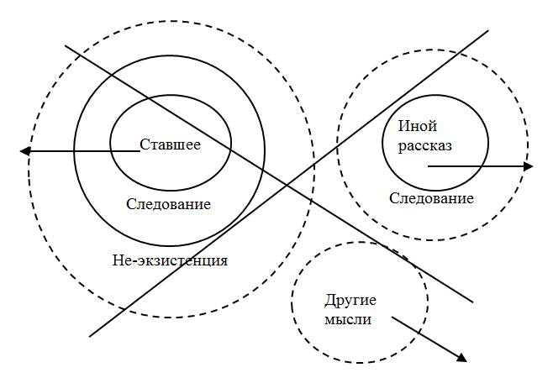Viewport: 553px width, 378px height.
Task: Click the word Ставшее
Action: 170,144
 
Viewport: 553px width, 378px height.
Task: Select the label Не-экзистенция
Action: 170,260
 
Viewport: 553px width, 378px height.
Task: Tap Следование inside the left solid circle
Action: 168,204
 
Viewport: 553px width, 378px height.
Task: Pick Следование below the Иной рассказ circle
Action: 432,199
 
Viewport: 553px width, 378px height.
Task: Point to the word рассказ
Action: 426,145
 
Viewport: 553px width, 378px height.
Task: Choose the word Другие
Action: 350,301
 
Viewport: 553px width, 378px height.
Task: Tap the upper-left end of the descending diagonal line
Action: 66,46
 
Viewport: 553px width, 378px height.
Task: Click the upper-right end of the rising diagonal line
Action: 488,31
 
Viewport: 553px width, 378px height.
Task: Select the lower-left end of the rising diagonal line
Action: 89,335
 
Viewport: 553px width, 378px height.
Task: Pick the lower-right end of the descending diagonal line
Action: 472,300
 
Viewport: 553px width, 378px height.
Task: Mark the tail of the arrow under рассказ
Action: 427,166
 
